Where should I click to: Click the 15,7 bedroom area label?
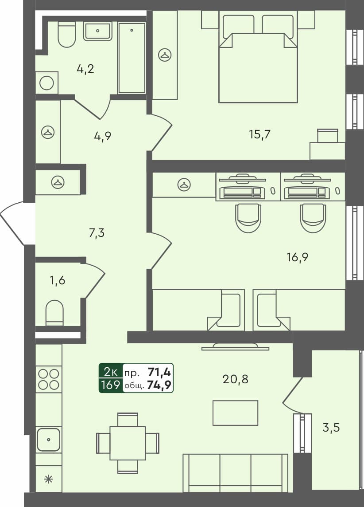[x=260, y=134]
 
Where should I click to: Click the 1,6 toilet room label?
[x=58, y=280]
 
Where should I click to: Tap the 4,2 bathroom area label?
[x=85, y=69]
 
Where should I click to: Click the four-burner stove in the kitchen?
[x=49, y=378]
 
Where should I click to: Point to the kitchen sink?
[x=48, y=440]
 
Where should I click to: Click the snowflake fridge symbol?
[x=48, y=479]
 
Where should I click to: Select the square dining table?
[x=128, y=443]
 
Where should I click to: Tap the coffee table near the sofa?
[x=235, y=413]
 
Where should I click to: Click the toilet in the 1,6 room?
[x=55, y=313]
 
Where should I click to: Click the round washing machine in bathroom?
[x=46, y=83]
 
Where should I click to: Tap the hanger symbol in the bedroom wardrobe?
[x=165, y=55]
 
